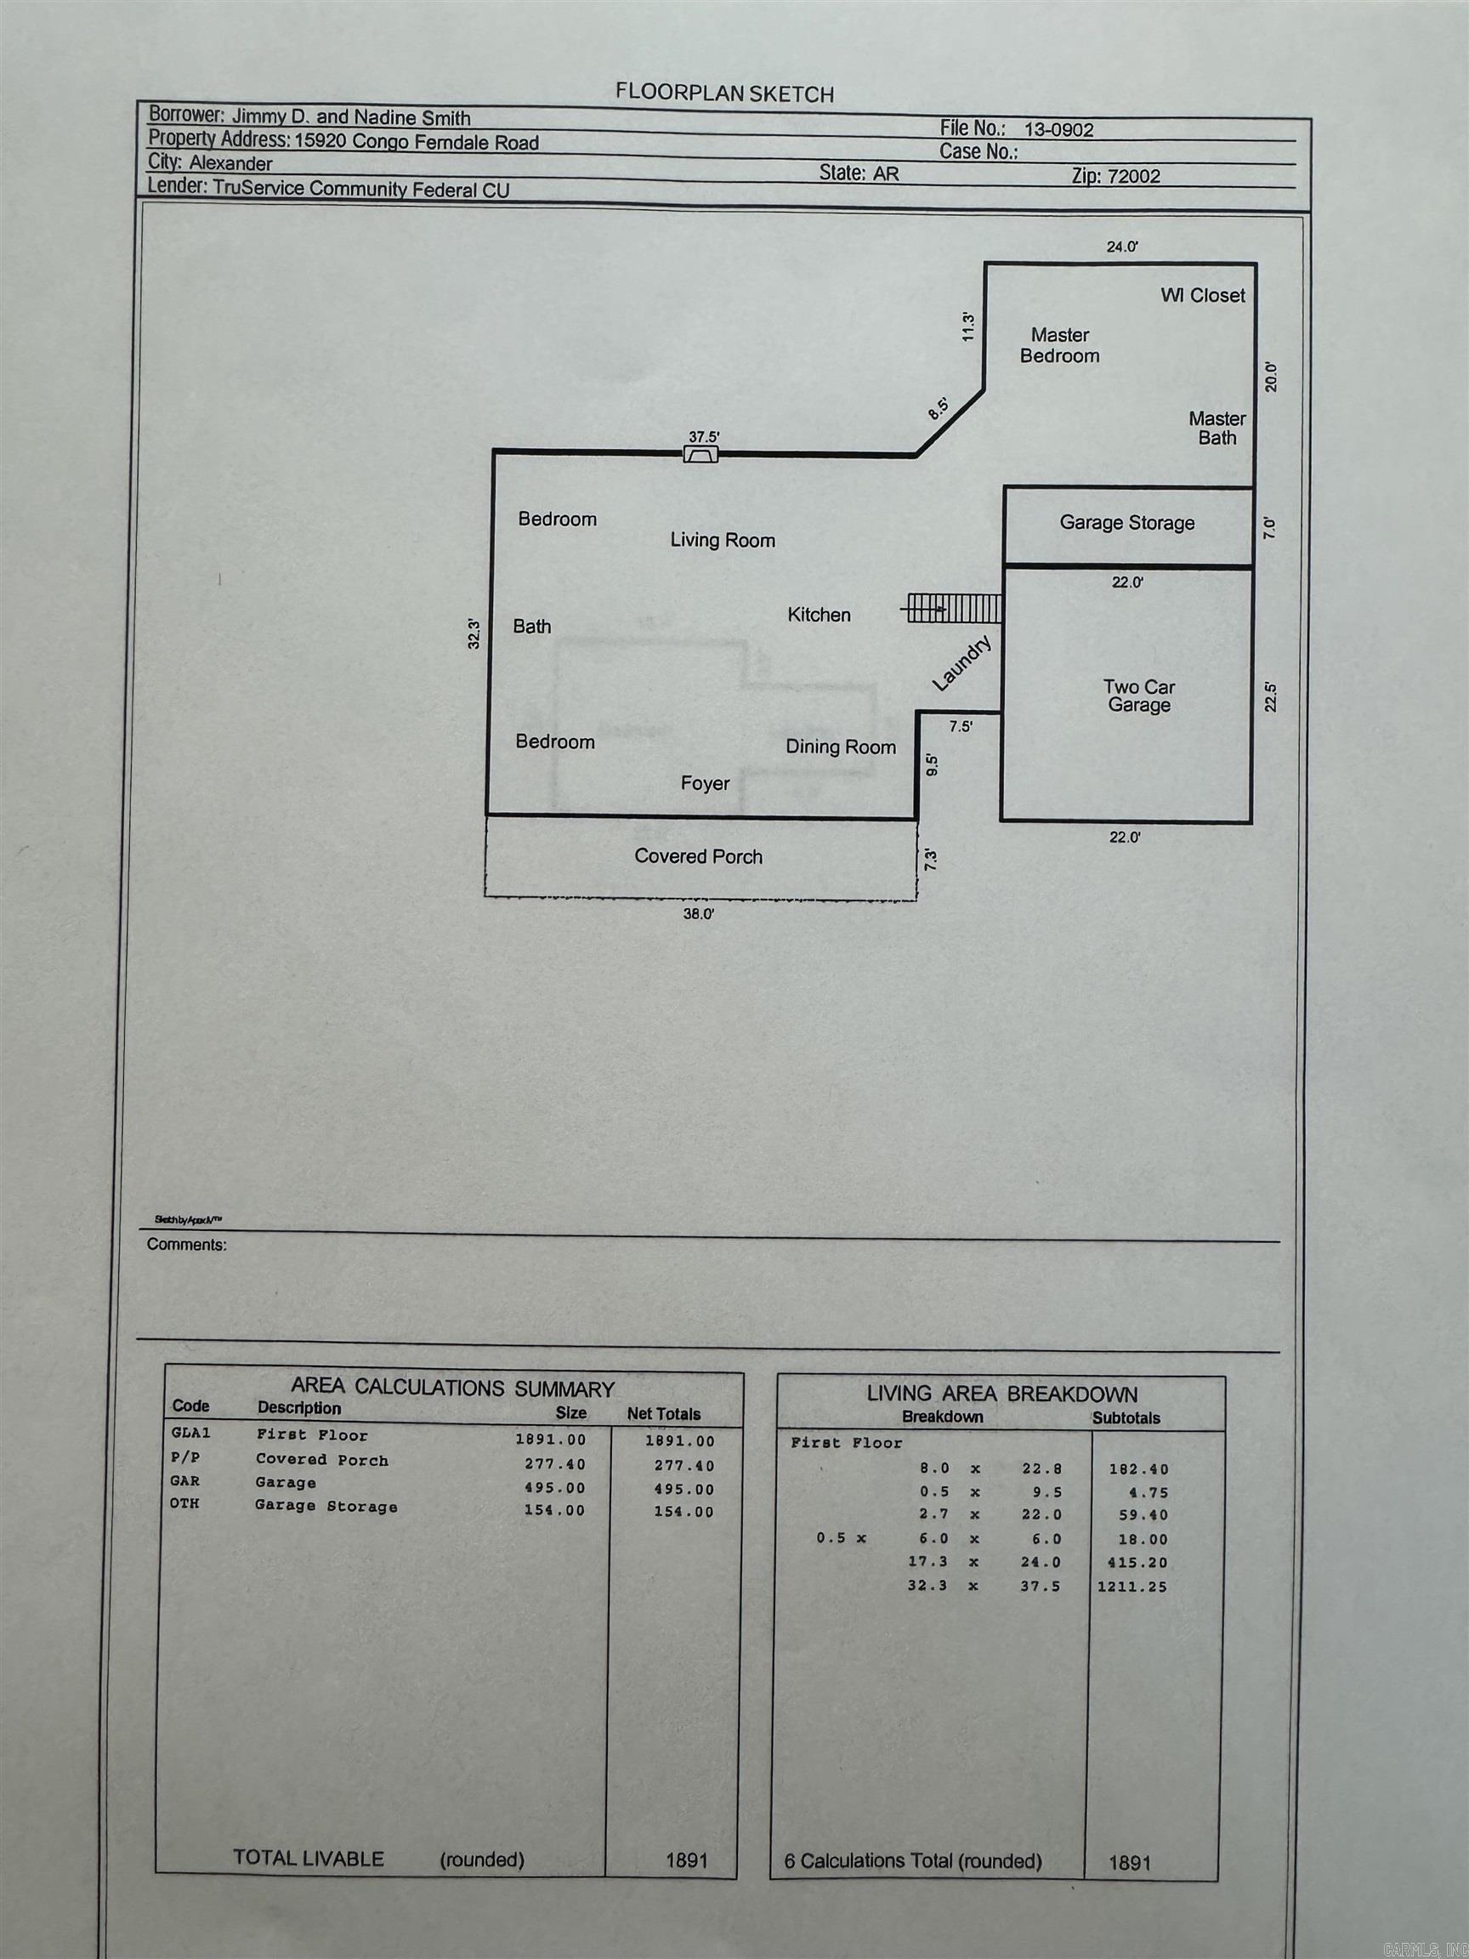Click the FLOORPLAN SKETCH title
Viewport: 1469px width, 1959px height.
(724, 93)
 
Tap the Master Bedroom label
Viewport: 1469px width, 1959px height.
(1060, 345)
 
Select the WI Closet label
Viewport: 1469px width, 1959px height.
(1202, 296)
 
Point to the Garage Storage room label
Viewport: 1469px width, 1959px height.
(1127, 523)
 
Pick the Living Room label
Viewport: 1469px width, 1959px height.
(723, 540)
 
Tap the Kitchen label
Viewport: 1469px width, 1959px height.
(819, 615)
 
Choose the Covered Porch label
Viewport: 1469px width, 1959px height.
(699, 856)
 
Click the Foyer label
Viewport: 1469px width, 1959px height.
(705, 784)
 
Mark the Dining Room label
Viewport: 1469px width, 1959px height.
(840, 747)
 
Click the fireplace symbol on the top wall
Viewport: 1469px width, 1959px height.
(700, 454)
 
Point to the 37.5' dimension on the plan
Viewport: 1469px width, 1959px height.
(704, 437)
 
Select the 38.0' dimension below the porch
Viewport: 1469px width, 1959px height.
(698, 915)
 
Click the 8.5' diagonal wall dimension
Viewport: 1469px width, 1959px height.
(939, 407)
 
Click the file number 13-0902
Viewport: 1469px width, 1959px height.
(1059, 129)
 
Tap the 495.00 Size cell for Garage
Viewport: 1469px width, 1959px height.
(554, 1489)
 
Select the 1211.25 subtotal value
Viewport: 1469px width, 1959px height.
(1132, 1586)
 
